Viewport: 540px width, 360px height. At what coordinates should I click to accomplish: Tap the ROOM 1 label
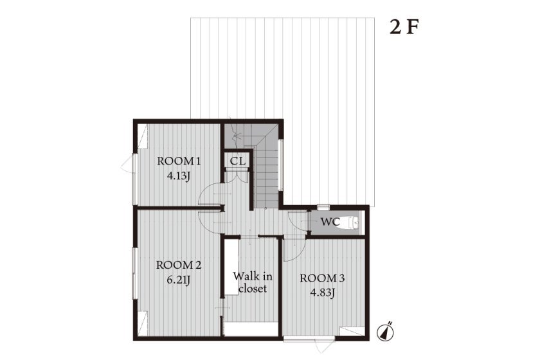click(179, 161)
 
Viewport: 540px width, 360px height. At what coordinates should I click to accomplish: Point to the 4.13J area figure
click(179, 176)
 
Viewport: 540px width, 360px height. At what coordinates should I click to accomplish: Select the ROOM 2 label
click(179, 265)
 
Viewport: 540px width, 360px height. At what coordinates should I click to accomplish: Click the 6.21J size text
click(179, 280)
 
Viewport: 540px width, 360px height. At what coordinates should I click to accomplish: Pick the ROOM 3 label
click(322, 278)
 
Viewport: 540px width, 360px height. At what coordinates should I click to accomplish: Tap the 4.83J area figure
click(323, 293)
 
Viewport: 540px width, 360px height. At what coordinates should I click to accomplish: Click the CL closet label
click(238, 161)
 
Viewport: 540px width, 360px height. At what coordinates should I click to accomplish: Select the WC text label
click(330, 222)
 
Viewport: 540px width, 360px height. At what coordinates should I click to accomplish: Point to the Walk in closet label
click(253, 282)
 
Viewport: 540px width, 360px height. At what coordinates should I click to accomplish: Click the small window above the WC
click(323, 208)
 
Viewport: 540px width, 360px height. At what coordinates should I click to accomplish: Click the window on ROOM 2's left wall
click(134, 273)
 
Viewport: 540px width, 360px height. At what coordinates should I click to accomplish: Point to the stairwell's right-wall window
click(281, 165)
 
